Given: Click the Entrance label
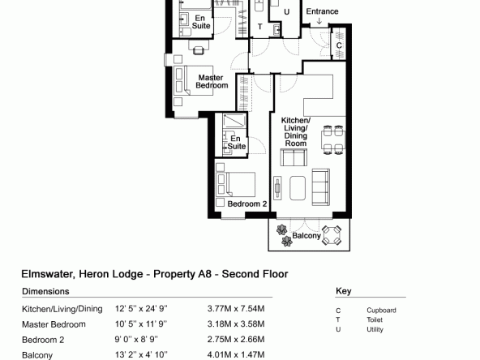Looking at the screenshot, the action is tap(322, 11).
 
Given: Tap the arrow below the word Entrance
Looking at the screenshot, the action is tap(319, 21).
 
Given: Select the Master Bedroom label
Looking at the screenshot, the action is tap(212, 81).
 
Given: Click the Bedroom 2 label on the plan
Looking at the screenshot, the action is tap(247, 204).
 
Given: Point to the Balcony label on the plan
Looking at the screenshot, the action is tap(306, 236).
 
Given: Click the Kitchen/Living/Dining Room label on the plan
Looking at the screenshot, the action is tap(296, 131).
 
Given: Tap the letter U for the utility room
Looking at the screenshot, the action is tap(286, 12).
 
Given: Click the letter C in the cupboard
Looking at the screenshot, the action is tap(339, 45).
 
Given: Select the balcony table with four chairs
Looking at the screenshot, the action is tap(332, 235).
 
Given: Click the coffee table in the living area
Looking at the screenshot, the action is tap(298, 188).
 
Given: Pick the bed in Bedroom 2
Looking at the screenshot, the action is tap(236, 184).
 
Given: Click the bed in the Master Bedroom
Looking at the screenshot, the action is tap(193, 80).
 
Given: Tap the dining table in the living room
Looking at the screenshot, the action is tap(332, 140).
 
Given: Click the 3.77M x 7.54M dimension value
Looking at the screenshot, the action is tap(236, 309).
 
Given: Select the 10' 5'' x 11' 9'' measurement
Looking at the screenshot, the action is tap(141, 324).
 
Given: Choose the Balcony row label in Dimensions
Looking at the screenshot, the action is tap(37, 355).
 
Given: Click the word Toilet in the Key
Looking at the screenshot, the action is tap(375, 320).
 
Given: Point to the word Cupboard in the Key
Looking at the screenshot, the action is tap(381, 311).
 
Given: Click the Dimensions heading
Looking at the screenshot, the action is tap(45, 291).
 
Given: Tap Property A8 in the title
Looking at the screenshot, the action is tap(182, 274).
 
